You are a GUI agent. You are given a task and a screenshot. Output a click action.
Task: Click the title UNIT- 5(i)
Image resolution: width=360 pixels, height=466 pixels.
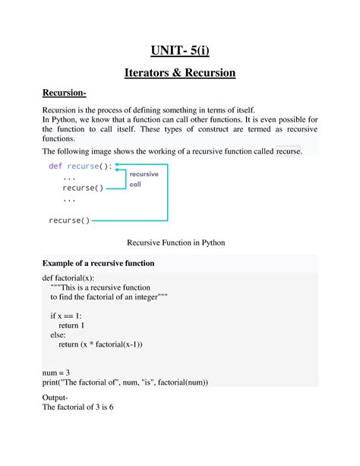(179, 52)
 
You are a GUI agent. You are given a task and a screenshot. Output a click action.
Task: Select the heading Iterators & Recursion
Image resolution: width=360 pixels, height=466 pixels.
(179, 73)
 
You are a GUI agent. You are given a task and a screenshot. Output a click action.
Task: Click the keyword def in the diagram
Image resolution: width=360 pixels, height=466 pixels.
(55, 166)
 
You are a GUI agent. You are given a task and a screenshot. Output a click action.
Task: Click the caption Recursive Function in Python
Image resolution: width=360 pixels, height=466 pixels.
(179, 243)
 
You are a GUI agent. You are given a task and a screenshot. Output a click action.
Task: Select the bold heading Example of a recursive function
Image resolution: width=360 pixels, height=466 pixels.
(98, 263)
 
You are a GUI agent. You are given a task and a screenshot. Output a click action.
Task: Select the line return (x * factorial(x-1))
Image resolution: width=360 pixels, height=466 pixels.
(100, 344)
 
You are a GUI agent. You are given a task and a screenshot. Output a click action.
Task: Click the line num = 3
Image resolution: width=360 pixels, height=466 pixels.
(58, 372)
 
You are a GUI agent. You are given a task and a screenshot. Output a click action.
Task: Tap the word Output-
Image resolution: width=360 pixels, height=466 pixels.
(55, 398)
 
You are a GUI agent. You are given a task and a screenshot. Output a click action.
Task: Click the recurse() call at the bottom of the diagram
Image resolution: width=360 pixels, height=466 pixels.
(69, 220)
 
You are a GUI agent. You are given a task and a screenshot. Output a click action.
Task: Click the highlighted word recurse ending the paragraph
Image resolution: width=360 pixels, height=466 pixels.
(289, 151)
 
